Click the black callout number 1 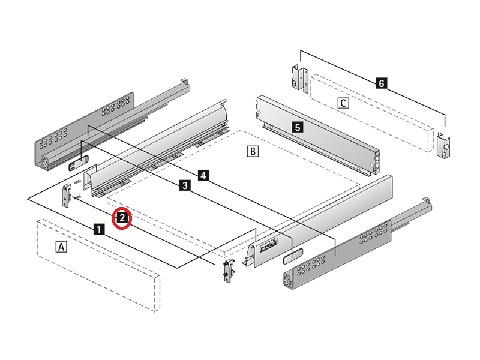click(98, 229)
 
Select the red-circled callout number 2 click(122, 218)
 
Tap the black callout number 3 click(185, 185)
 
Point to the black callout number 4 click(203, 175)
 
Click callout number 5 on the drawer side click(298, 127)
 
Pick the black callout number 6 click(382, 83)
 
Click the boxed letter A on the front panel click(61, 247)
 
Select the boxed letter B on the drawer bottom click(253, 151)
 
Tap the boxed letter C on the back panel click(343, 103)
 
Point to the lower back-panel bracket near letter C click(443, 145)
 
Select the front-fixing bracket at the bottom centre click(229, 271)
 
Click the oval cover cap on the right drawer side click(292, 256)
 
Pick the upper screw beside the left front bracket click(77, 182)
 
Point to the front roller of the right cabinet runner click(287, 280)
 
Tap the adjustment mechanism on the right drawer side click(268, 245)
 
